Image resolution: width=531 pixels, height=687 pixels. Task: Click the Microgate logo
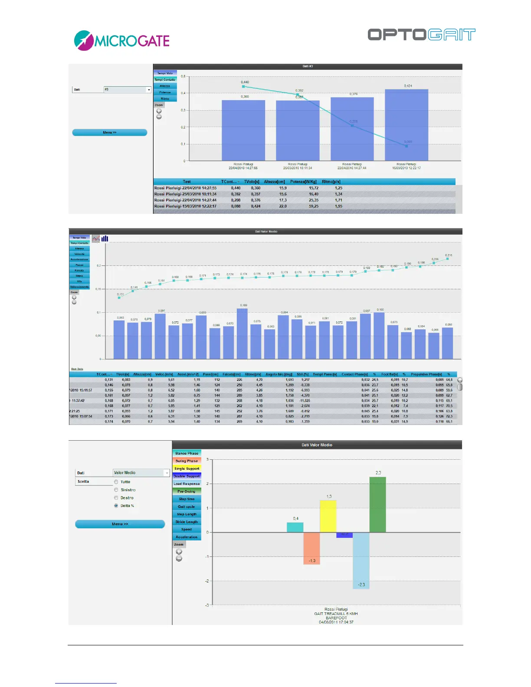pos(122,41)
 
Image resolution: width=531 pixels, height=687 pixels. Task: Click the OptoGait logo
pos(421,35)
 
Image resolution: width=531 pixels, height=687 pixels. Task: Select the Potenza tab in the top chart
pos(165,92)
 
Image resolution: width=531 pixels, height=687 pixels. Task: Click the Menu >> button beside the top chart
pos(109,132)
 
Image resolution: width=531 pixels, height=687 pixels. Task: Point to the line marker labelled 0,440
pos(243,87)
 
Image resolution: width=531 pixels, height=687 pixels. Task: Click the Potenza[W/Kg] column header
pos(303,182)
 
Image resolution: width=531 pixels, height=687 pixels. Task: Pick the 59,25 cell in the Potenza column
pos(314,206)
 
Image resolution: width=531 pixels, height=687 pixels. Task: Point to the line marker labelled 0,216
pos(447,259)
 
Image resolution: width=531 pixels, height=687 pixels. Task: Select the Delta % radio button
pos(116,506)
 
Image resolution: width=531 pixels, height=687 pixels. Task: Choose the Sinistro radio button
pos(116,490)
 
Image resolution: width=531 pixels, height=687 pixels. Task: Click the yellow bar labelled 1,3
pos(328,516)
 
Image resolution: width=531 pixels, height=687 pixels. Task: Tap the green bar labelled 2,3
pos(377,504)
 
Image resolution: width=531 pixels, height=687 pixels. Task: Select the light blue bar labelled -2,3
pos(361,560)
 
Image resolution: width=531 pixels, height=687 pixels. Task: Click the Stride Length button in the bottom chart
pos(187,522)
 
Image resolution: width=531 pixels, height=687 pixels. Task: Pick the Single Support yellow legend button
pos(187,468)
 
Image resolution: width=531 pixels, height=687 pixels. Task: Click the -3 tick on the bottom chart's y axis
pos(207,605)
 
